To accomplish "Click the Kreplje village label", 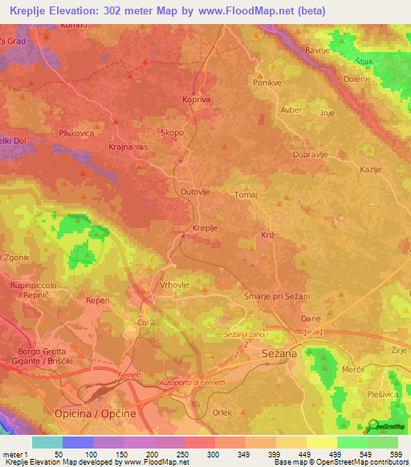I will [x=206, y=229].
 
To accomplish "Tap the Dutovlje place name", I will [x=195, y=193].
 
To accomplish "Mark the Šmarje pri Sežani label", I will [x=276, y=297].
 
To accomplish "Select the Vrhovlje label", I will [x=175, y=285].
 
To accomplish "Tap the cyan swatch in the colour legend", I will [x=47, y=442].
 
